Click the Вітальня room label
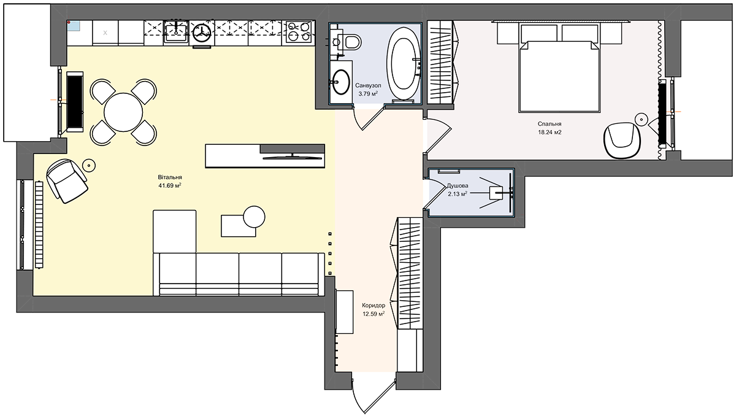[170, 177]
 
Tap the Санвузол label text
[368, 85]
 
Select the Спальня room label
[550, 124]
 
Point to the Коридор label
[374, 305]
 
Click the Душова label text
[458, 186]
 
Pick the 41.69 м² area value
[170, 185]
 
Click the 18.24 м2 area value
[550, 132]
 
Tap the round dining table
[123, 112]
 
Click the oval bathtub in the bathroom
[404, 63]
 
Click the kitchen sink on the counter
[177, 31]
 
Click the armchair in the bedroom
[622, 141]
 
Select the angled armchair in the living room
[67, 181]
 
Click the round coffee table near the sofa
[254, 217]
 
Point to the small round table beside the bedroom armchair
[641, 118]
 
